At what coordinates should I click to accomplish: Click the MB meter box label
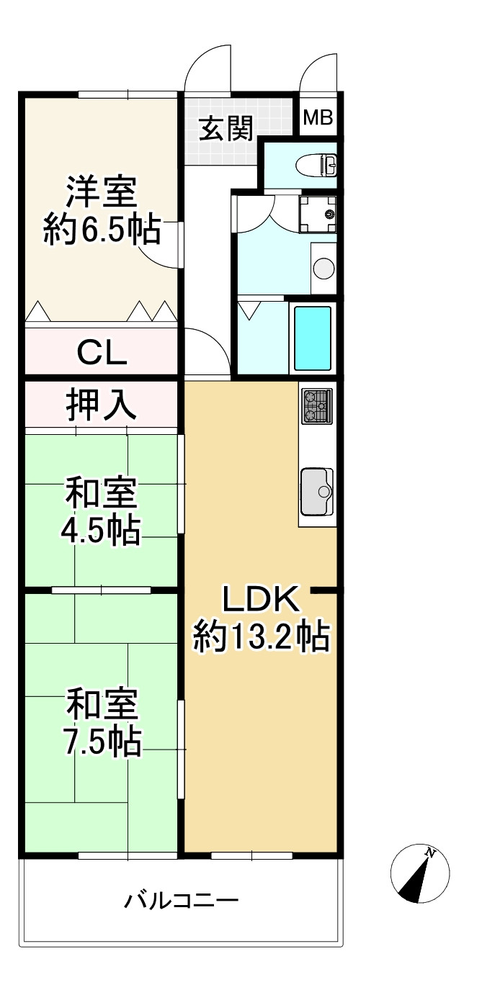coord(318,117)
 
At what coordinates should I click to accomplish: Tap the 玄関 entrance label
coord(226,128)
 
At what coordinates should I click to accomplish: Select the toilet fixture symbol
coord(318,165)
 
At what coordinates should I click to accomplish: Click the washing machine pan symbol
coord(318,215)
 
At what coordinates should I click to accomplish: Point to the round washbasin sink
coord(324,268)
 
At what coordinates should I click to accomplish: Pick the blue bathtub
coord(313,338)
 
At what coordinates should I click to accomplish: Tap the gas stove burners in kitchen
coord(316,406)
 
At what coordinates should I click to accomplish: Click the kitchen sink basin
coord(316,491)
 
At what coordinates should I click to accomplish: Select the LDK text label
coord(262,599)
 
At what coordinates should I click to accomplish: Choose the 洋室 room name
coord(102,192)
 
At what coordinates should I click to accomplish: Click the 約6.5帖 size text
coord(102,229)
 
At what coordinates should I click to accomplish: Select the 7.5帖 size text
coord(102,741)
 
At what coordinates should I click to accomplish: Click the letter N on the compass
coord(429,852)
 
